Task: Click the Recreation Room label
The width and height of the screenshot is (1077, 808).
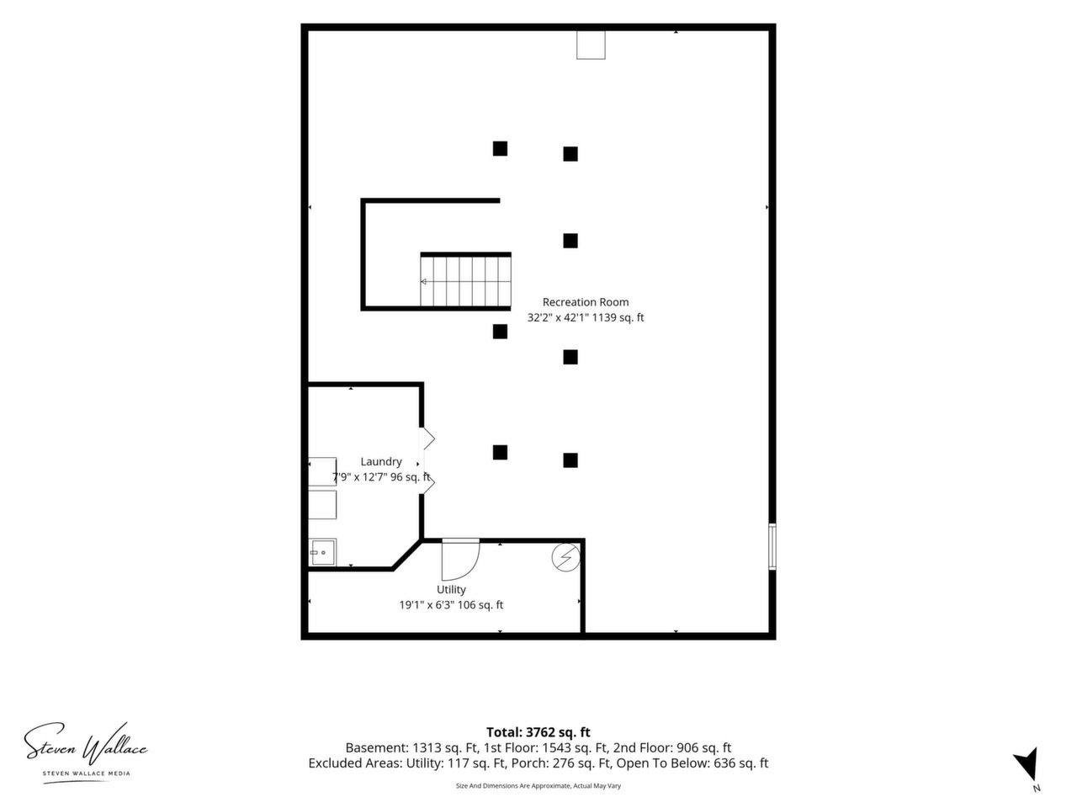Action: (585, 301)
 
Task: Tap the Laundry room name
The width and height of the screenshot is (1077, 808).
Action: (381, 461)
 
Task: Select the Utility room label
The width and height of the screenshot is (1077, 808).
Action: (451, 589)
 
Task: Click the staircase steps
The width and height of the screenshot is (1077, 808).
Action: (465, 281)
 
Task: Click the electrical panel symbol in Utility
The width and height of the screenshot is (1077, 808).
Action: (565, 557)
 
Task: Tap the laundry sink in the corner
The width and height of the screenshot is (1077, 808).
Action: (322, 552)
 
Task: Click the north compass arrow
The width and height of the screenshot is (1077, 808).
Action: (1028, 766)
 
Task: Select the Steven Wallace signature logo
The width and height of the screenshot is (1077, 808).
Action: (86, 744)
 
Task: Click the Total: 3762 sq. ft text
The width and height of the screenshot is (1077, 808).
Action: (538, 732)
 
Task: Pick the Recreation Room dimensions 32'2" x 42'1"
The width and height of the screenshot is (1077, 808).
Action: (558, 317)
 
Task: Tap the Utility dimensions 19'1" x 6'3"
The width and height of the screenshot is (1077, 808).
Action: (427, 605)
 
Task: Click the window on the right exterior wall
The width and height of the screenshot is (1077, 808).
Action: (772, 546)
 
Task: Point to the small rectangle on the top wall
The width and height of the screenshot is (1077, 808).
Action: (591, 45)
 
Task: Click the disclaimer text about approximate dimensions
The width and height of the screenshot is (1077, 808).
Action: (538, 785)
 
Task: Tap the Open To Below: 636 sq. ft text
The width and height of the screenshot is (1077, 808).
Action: (692, 763)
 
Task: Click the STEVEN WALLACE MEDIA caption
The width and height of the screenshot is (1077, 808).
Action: (87, 773)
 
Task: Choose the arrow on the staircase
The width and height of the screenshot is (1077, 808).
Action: (423, 282)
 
